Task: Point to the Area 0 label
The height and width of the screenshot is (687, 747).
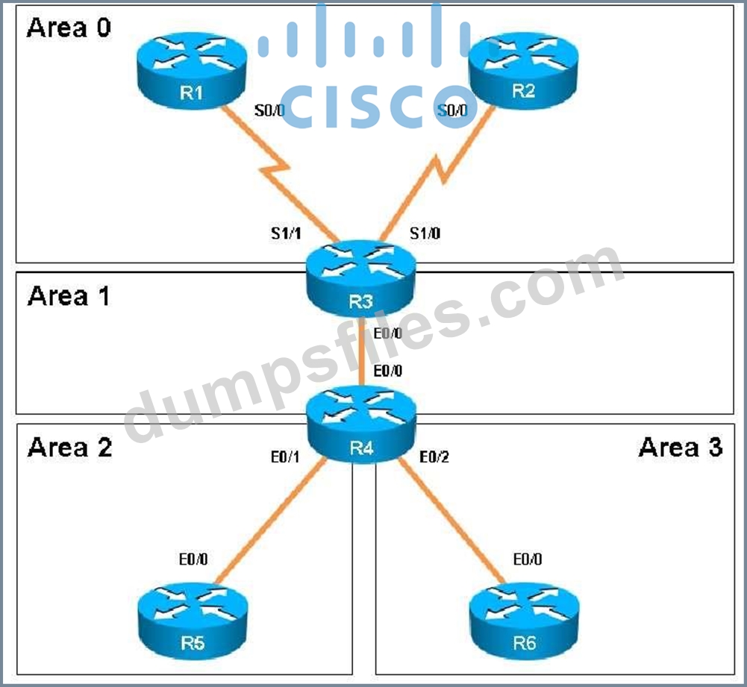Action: (x=69, y=28)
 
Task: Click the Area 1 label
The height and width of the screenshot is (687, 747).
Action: (x=69, y=296)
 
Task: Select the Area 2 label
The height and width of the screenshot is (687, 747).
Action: (x=69, y=448)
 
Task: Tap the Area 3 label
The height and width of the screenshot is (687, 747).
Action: (x=681, y=448)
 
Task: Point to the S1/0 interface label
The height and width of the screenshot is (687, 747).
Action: (x=425, y=233)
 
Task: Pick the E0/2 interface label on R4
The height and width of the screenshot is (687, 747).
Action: (x=435, y=457)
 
